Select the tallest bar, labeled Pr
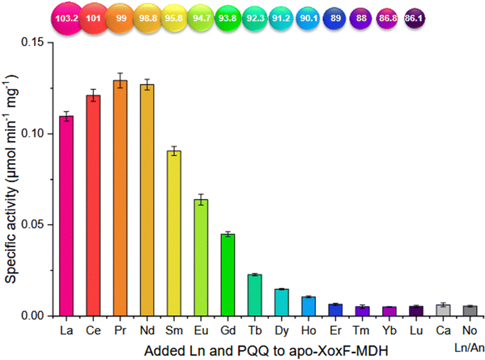[x=120, y=198]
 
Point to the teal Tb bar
[x=255, y=295]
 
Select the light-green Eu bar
[x=201, y=257]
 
